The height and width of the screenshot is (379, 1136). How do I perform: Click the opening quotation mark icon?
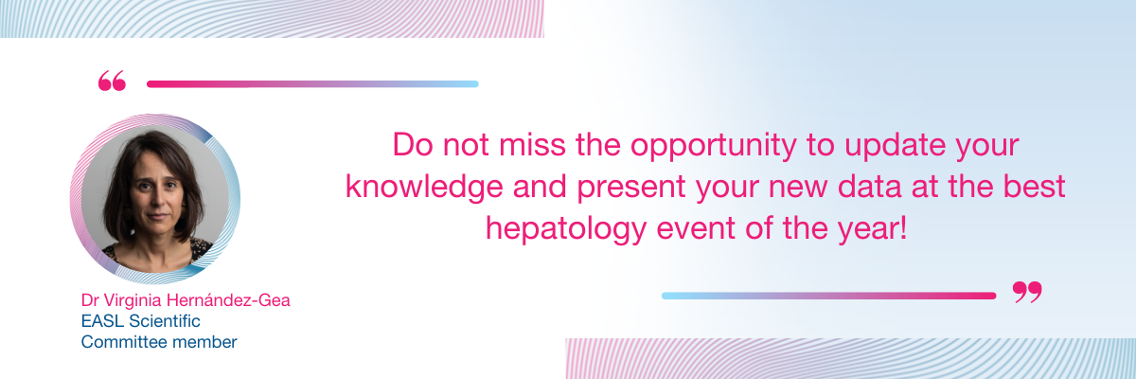pos(112,81)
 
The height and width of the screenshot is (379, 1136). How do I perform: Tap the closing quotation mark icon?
pos(1027,292)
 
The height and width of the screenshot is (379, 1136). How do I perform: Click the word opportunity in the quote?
pos(713,146)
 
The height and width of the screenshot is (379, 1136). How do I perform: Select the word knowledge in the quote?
pos(424,188)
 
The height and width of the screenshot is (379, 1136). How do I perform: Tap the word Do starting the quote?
pos(413,145)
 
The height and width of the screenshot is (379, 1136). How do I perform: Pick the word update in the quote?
pos(895,146)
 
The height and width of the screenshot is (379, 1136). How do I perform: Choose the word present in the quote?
pos(631,189)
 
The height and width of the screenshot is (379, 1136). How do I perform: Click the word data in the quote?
pos(869,187)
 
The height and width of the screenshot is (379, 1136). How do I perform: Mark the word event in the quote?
pos(696,228)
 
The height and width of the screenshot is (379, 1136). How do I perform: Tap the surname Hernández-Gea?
pos(228,299)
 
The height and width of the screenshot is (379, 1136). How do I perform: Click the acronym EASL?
pos(102,321)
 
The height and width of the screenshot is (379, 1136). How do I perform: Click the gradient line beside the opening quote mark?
pos(312,83)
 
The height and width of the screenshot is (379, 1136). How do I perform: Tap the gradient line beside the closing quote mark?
pos(828,296)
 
